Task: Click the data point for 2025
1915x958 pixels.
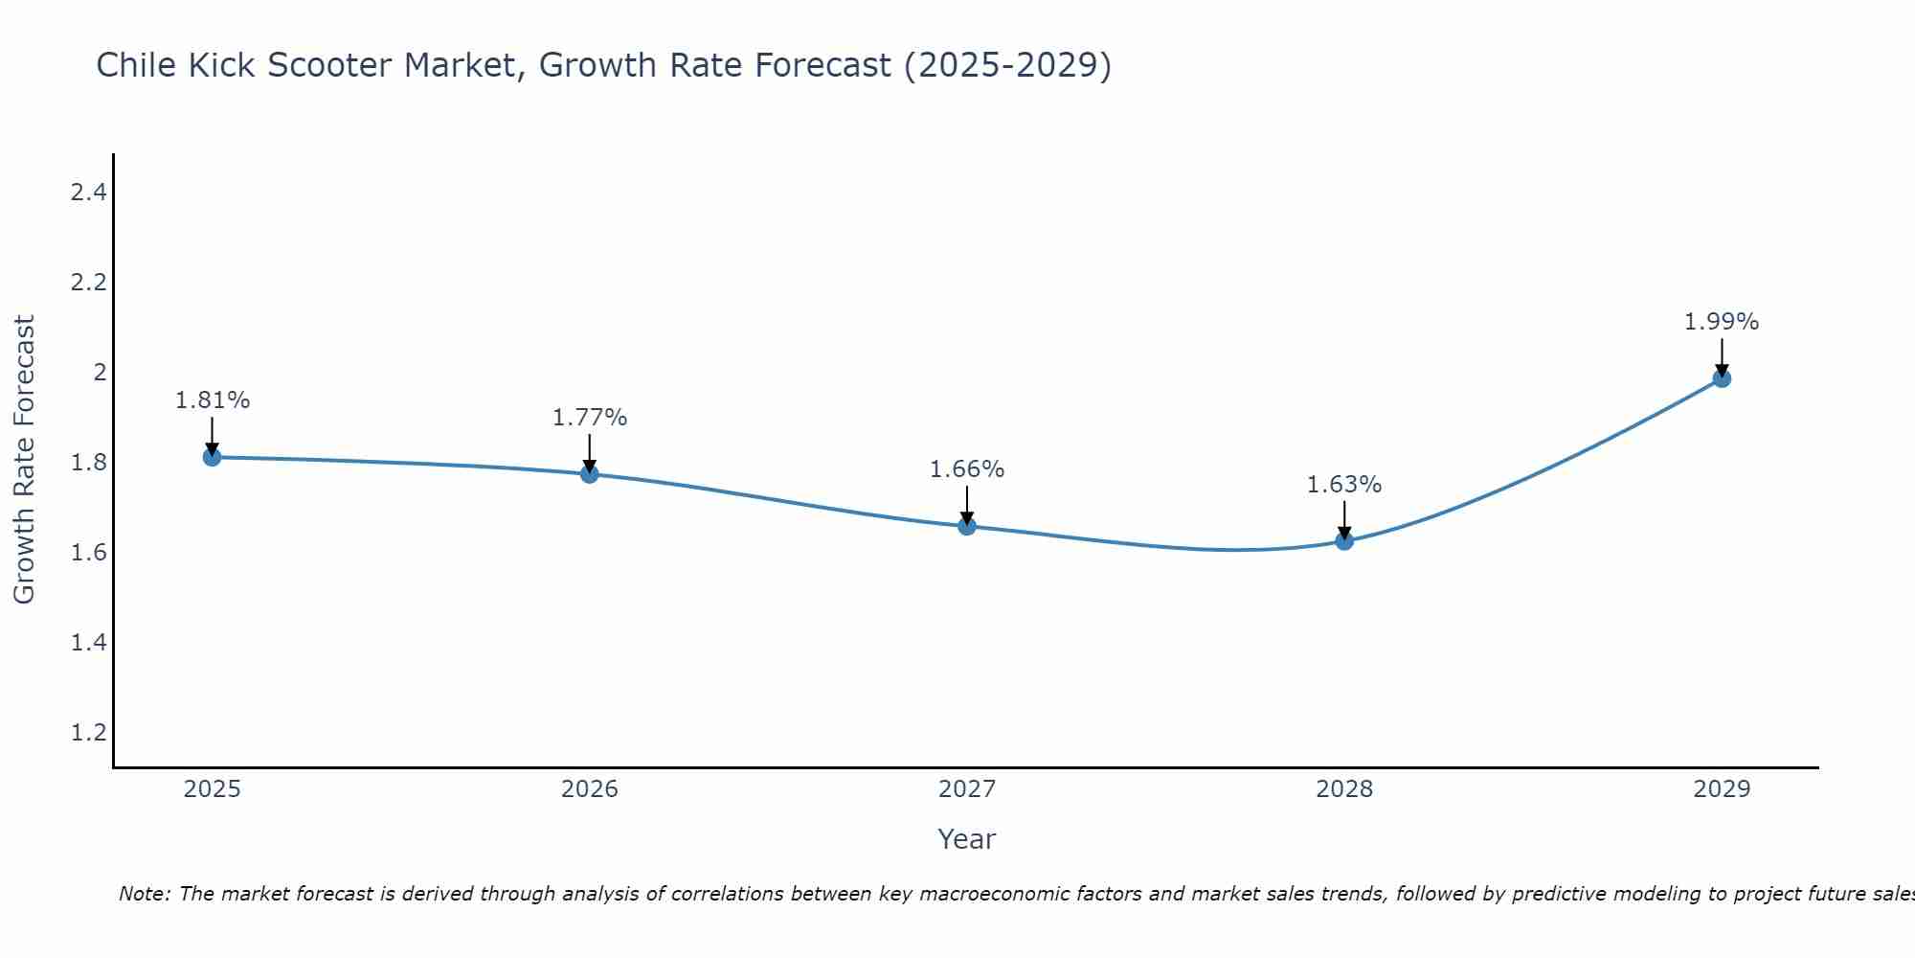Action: (x=212, y=457)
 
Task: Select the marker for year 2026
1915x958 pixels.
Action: (x=589, y=473)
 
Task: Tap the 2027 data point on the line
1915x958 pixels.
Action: (x=966, y=526)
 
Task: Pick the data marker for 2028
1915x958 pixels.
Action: (x=1343, y=541)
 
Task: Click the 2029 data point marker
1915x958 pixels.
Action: (x=1721, y=378)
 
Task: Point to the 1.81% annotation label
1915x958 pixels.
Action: (x=212, y=400)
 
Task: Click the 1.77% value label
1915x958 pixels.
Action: (x=589, y=418)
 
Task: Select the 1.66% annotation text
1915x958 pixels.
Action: (x=966, y=469)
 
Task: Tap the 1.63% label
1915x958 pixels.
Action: (x=1343, y=485)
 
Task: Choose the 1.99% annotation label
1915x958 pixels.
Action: (x=1721, y=322)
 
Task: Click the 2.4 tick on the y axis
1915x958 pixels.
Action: (x=88, y=193)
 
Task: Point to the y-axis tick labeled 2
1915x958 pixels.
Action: (x=100, y=372)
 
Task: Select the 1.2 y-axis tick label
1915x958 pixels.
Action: (x=88, y=732)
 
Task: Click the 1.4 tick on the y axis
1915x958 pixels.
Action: (x=88, y=642)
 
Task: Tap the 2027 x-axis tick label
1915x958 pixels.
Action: (x=966, y=789)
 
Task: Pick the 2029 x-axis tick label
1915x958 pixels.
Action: (x=1721, y=789)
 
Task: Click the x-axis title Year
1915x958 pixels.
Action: (x=966, y=839)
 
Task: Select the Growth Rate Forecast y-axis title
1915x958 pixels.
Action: (x=24, y=460)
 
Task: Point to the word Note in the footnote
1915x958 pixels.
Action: (x=144, y=894)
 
